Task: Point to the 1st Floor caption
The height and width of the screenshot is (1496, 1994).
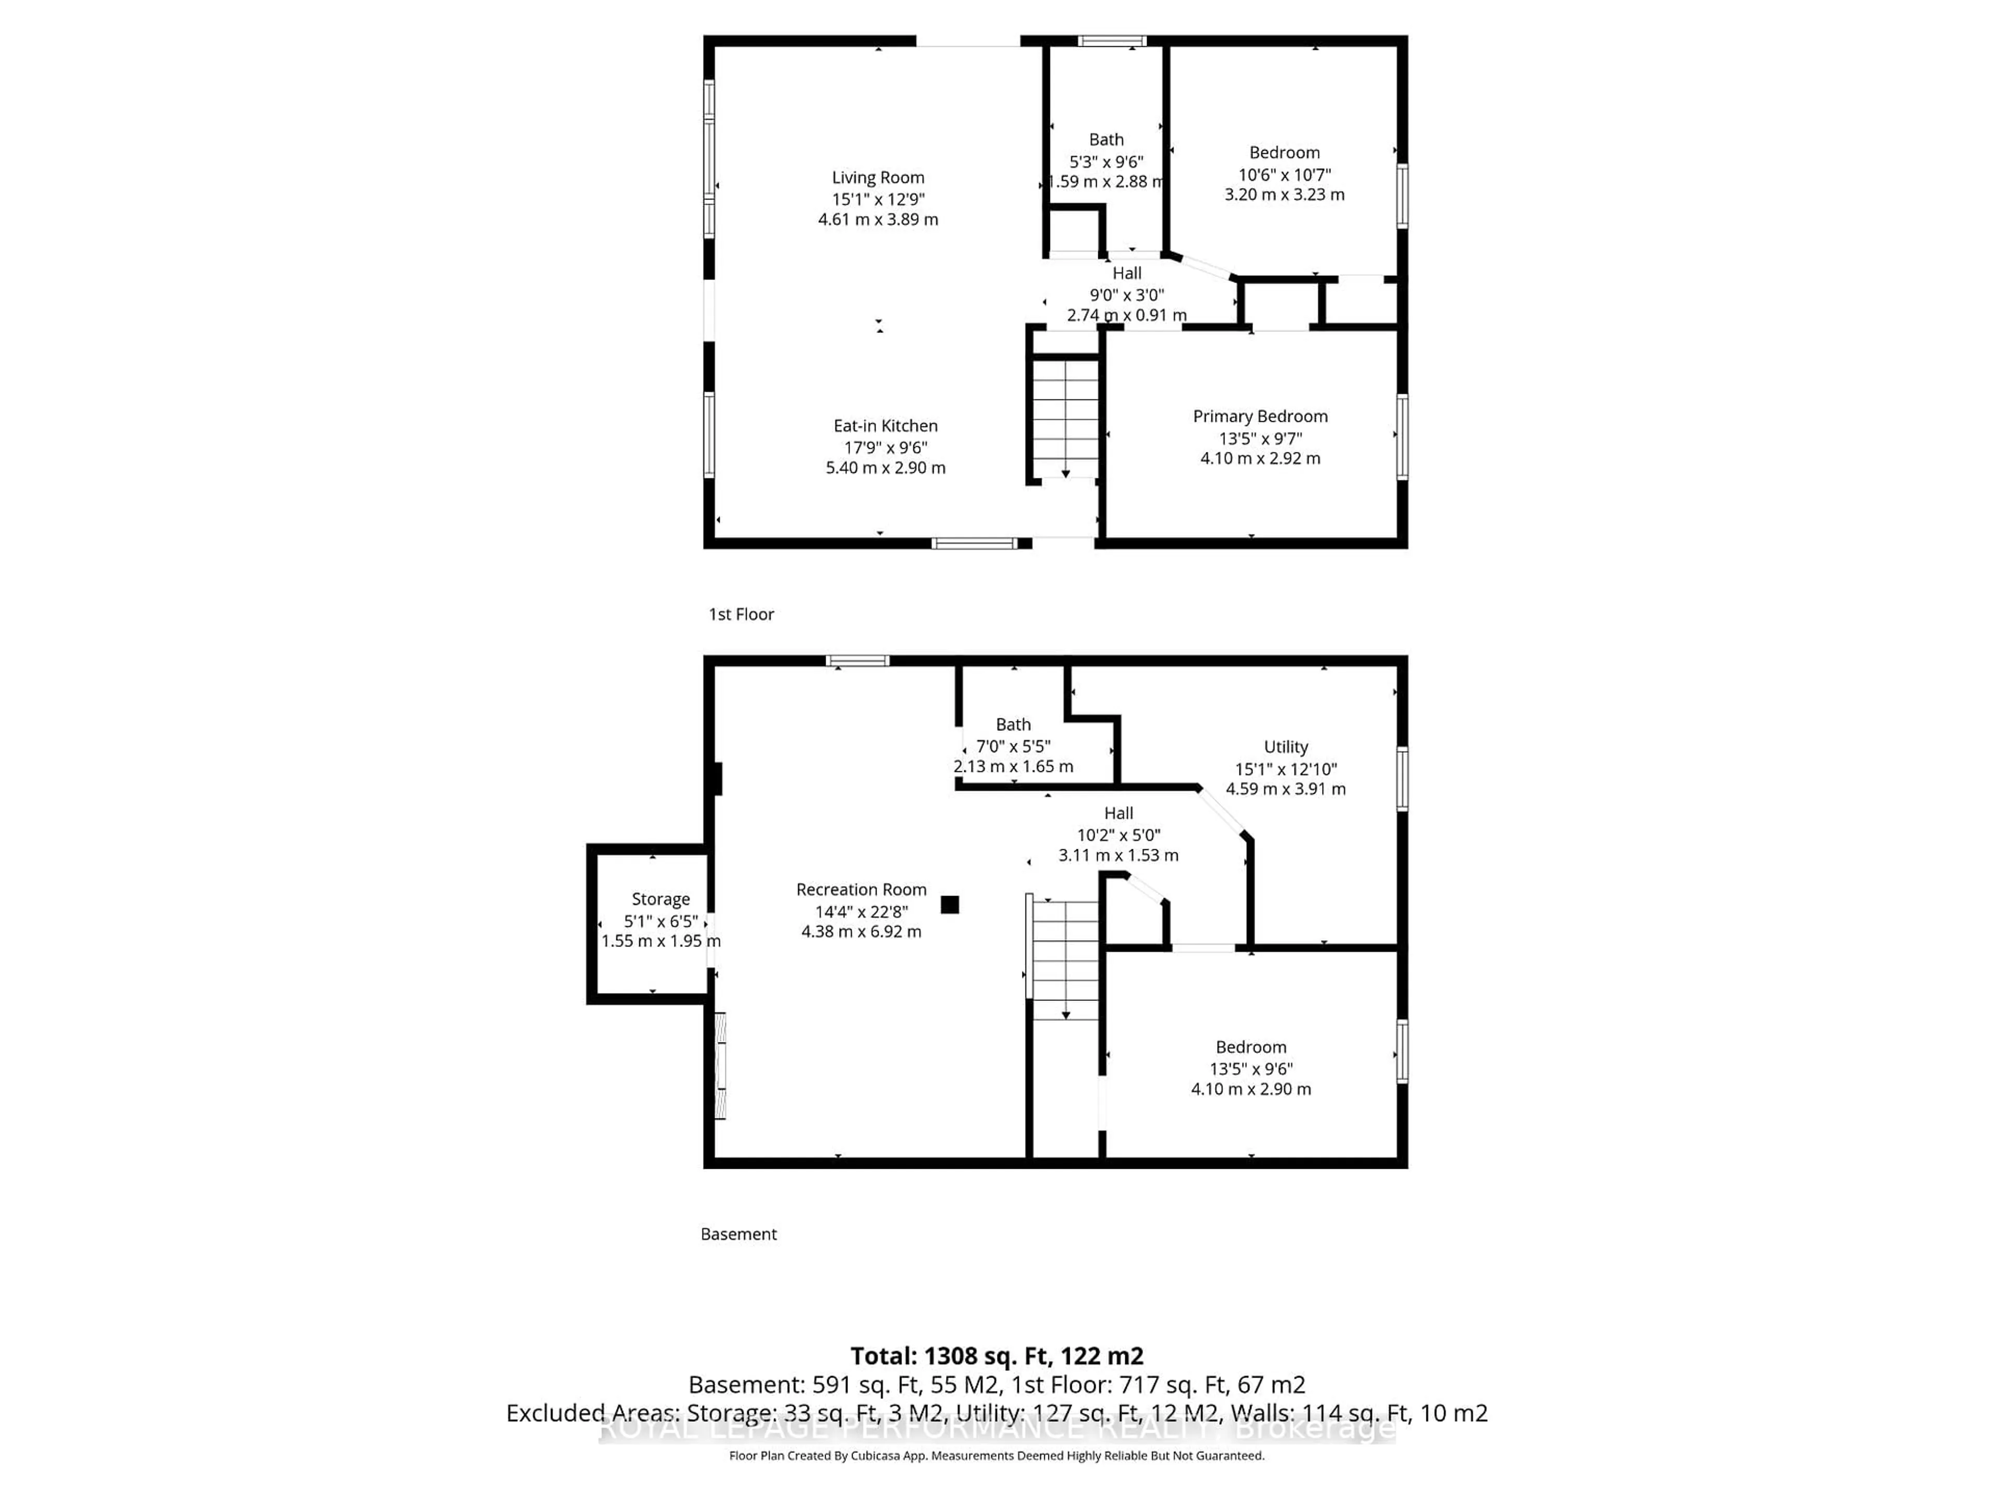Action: (741, 614)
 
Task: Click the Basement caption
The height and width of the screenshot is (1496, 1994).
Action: (738, 1234)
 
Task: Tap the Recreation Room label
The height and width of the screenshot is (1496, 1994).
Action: (861, 889)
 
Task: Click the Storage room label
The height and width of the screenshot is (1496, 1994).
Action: (660, 899)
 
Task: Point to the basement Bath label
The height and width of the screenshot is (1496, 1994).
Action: (1013, 724)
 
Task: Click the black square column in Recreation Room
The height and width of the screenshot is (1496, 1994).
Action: (949, 904)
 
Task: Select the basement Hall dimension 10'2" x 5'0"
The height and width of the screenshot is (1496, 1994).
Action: (1118, 835)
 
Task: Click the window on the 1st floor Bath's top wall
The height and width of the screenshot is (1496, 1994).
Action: (1111, 41)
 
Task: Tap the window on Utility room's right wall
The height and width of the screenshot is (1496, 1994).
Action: (1402, 778)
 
